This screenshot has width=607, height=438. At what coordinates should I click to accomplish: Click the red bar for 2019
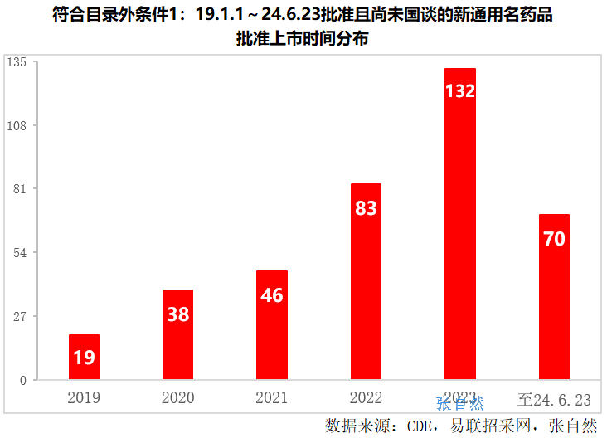(x=84, y=357)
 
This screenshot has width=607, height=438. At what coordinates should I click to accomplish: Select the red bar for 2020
(x=177, y=334)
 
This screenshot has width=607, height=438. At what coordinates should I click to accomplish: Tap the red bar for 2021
(x=272, y=325)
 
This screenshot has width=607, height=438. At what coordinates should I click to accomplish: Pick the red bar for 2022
(x=366, y=282)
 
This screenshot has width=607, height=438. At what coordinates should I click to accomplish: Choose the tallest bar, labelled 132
(x=460, y=224)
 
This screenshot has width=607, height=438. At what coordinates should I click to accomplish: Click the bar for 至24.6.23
(x=554, y=297)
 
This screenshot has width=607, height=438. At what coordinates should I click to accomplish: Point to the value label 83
(x=366, y=208)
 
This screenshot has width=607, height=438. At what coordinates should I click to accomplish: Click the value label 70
(x=554, y=239)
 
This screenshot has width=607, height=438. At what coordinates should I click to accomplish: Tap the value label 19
(x=84, y=358)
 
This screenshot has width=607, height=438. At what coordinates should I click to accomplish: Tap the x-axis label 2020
(x=177, y=398)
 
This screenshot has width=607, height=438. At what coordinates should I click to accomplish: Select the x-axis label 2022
(x=366, y=398)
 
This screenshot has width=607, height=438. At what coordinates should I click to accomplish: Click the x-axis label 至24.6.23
(x=554, y=399)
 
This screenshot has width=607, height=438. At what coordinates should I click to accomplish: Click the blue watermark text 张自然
(x=460, y=404)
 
